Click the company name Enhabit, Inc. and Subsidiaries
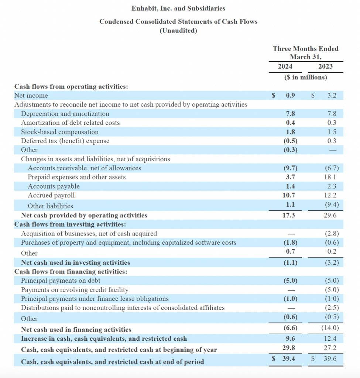[178, 8]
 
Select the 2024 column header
[285, 66]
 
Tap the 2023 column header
[325, 66]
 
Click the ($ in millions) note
[305, 78]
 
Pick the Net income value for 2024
[291, 96]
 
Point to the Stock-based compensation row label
[60, 132]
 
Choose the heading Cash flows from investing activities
[70, 224]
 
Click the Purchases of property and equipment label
[128, 243]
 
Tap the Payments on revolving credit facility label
[75, 290]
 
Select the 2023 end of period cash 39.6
[329, 358]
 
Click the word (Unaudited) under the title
[178, 31]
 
